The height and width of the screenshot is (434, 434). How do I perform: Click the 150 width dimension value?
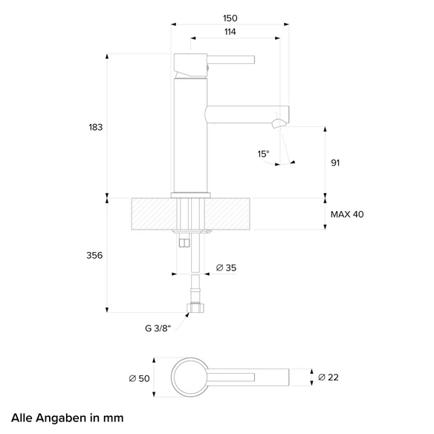[230, 19]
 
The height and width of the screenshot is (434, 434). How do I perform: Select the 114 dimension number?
[230, 32]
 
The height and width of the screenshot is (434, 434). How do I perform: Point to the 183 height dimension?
[95, 127]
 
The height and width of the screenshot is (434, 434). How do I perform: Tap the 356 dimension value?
[94, 255]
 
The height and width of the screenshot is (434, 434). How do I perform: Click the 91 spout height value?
[335, 163]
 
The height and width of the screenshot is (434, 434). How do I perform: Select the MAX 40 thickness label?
[347, 214]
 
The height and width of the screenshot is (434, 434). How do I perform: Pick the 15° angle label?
[263, 154]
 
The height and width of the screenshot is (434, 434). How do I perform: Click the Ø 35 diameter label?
[226, 268]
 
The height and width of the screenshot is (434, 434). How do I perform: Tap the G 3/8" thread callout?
[158, 328]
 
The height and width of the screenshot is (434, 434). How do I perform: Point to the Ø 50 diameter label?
[139, 378]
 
